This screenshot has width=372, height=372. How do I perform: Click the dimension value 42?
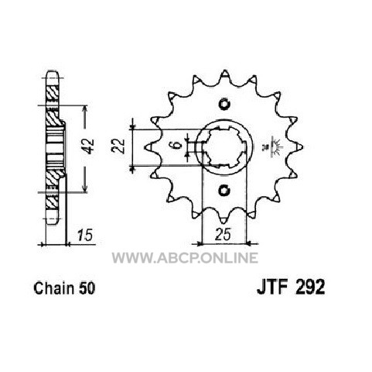[x=90, y=146]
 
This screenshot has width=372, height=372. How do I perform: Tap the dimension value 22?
[x=119, y=146]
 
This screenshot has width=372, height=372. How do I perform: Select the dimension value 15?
[x=85, y=235]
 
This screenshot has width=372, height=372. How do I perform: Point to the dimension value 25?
[x=223, y=235]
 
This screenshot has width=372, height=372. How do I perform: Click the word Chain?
[x=53, y=288]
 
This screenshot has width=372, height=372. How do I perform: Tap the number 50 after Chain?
[x=87, y=288]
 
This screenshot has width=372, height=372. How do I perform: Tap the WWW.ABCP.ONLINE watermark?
[x=185, y=258]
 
